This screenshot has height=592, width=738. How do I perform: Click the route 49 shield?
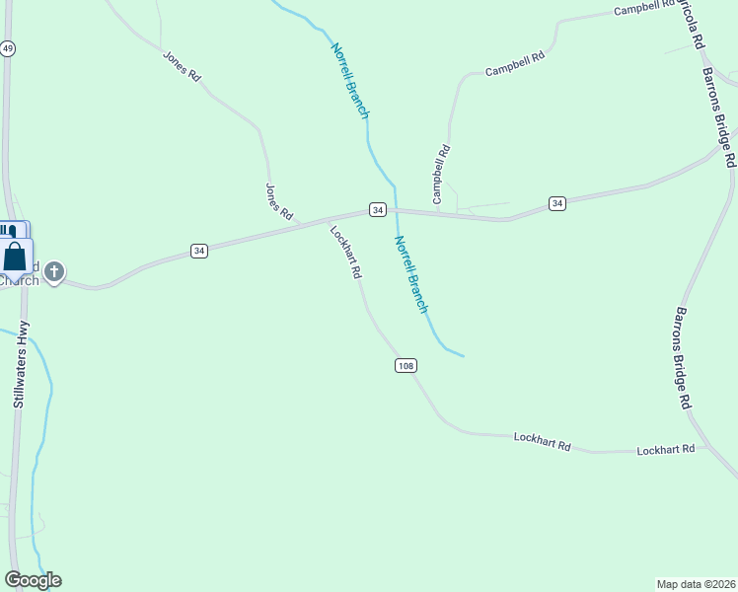8,48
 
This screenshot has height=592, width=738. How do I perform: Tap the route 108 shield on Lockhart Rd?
406,366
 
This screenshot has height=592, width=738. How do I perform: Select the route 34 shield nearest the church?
199,251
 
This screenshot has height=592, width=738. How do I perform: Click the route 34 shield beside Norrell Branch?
377,209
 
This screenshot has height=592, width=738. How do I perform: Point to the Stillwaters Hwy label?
21,364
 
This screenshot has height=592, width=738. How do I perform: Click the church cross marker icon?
54,270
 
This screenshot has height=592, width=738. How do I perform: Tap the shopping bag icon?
16,257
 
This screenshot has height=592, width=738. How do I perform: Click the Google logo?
33,580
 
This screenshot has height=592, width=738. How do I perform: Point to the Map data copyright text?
696,583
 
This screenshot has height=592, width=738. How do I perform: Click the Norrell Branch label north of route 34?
349,81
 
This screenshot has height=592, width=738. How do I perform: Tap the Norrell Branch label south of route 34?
411,274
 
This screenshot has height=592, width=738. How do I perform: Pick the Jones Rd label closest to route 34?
279,201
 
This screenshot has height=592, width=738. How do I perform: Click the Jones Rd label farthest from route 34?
182,65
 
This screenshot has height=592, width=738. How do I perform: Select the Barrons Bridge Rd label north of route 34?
719,115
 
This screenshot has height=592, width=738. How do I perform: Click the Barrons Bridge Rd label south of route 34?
681,357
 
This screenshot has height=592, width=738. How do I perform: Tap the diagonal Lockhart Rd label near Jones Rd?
345,254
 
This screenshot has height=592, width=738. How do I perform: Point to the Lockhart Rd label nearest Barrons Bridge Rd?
666,449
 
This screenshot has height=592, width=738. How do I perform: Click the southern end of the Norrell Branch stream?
462,355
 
